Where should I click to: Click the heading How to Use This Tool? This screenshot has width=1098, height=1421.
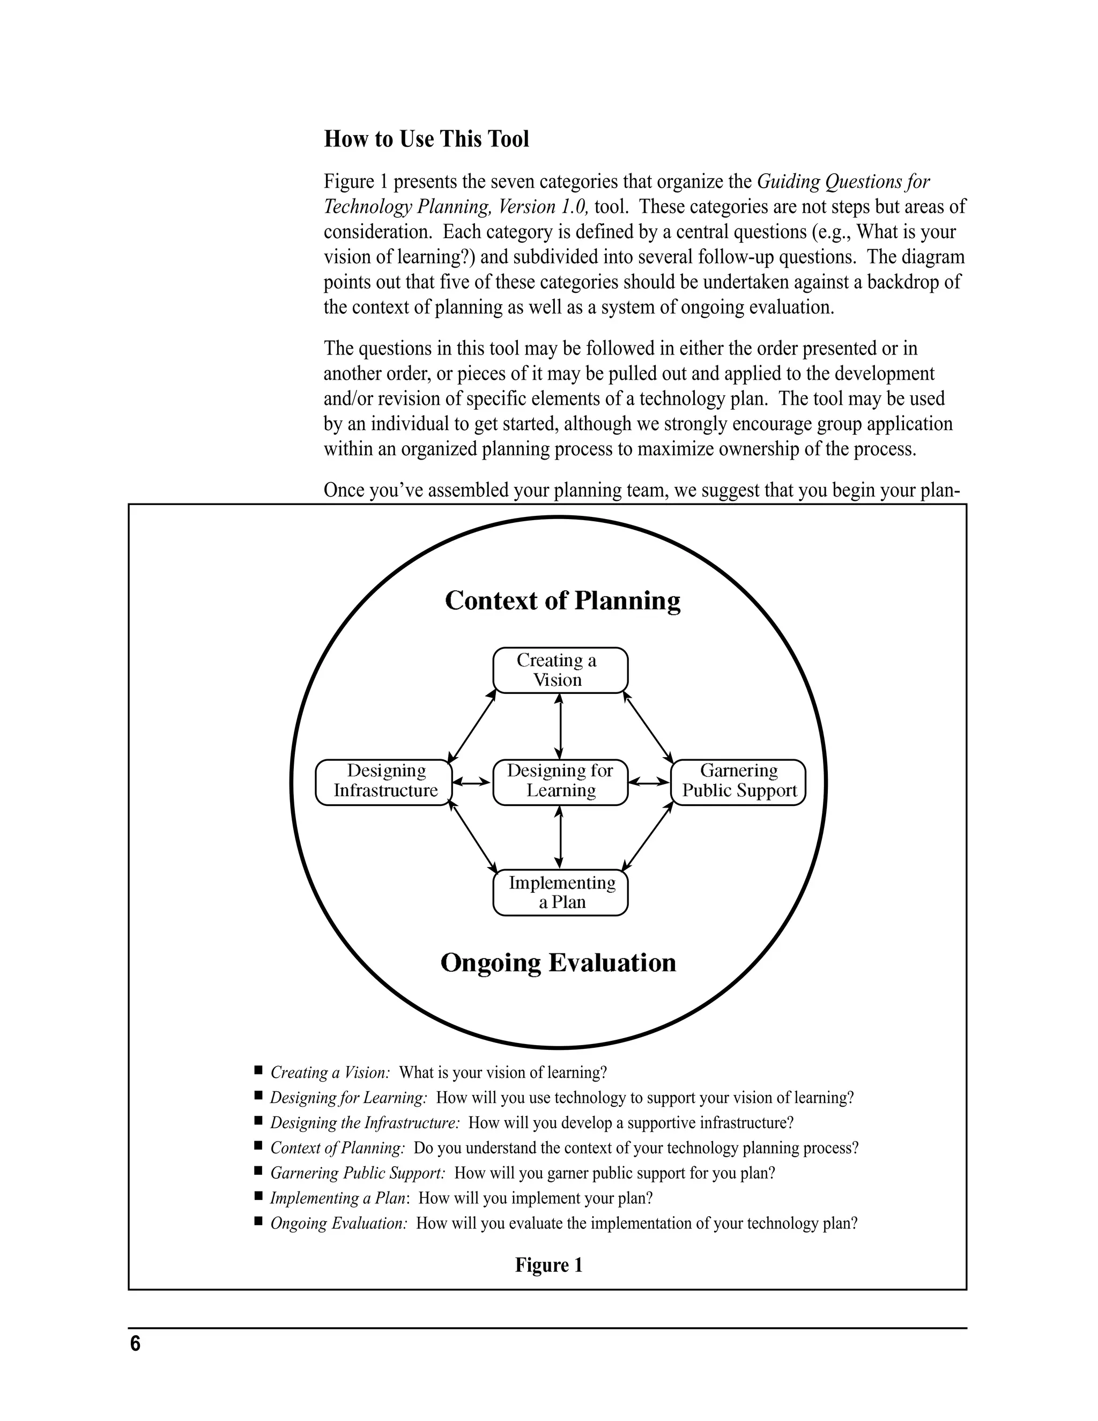tap(426, 139)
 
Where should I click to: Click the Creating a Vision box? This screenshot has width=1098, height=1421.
tap(560, 670)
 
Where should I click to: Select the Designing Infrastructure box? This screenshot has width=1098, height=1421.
tap(383, 781)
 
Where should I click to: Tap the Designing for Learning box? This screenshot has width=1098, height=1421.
tap(560, 781)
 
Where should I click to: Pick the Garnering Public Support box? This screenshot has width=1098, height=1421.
tap(738, 781)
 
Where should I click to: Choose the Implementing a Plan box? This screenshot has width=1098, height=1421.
tap(560, 892)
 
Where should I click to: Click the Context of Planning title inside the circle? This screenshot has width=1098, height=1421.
tap(562, 600)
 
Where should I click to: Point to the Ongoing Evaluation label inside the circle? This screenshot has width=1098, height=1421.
tap(558, 963)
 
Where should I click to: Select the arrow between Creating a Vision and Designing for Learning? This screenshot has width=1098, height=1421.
tap(560, 726)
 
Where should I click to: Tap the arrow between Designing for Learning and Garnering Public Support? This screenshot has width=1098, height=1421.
tap(649, 781)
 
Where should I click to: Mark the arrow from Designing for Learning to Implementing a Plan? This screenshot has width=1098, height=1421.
tap(560, 838)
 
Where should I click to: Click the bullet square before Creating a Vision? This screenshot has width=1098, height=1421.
tap(258, 1070)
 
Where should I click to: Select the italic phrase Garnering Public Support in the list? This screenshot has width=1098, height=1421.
tap(358, 1173)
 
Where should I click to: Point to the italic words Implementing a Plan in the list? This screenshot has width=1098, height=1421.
tap(339, 1198)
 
